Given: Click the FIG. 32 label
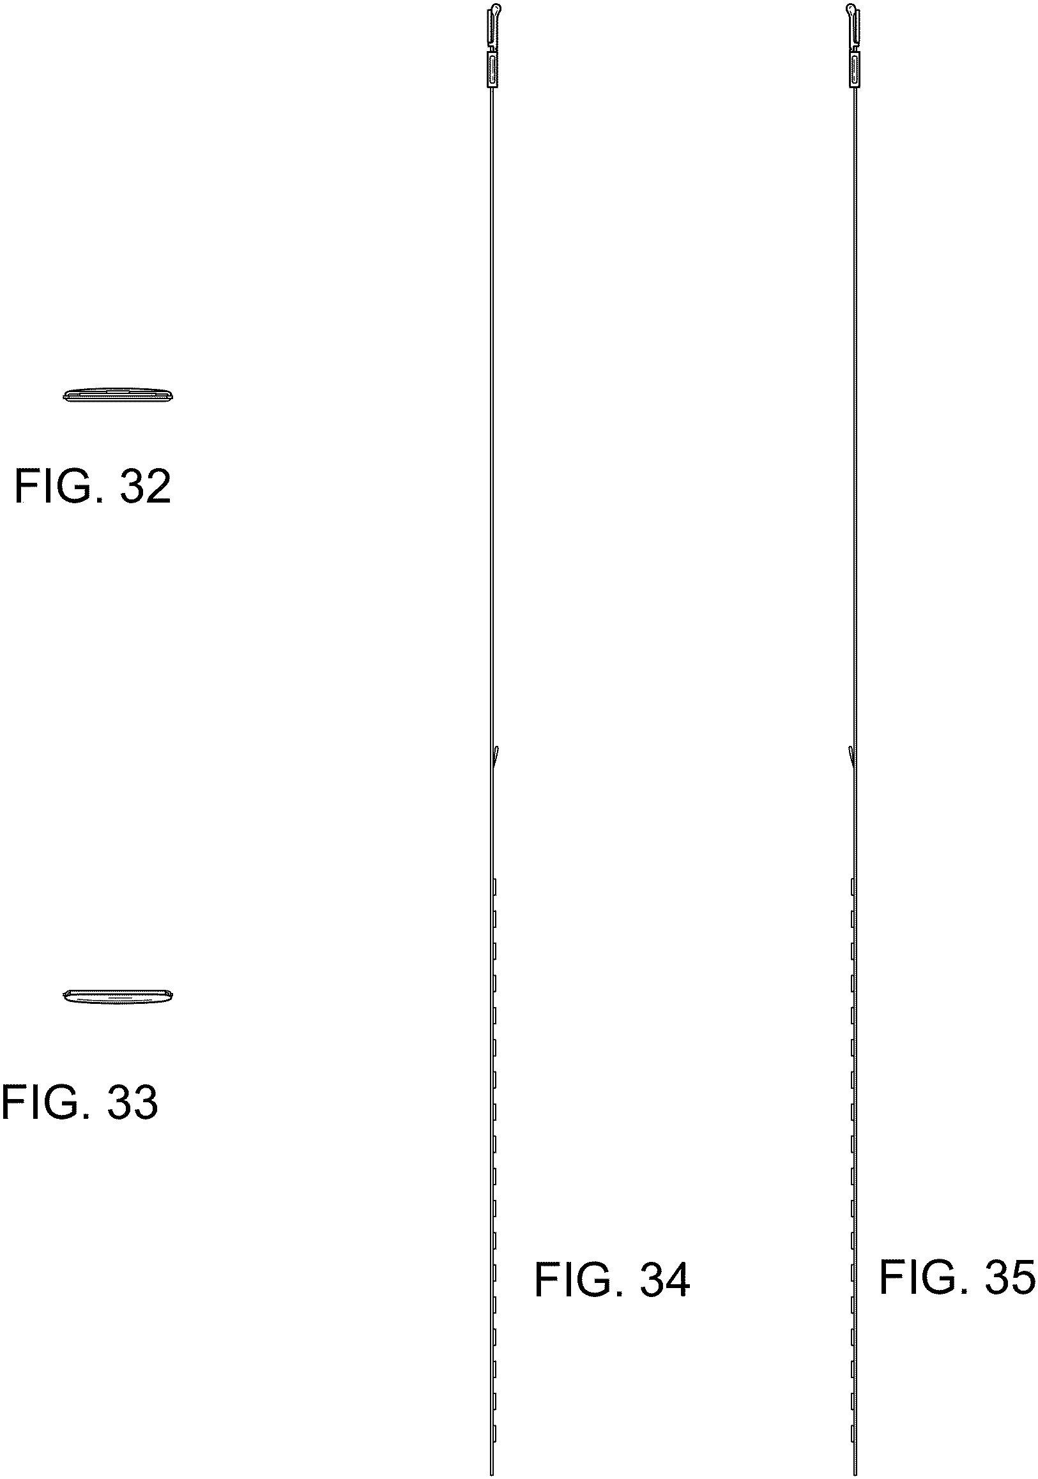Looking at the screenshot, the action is [93, 487].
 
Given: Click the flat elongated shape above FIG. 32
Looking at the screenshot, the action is [119, 395].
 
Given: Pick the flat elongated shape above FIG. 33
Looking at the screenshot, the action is [119, 996].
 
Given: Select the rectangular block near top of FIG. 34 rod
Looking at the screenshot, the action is [493, 70].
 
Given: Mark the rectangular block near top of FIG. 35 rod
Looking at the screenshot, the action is [855, 70].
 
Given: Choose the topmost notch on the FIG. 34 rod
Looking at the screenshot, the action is [495, 886].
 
